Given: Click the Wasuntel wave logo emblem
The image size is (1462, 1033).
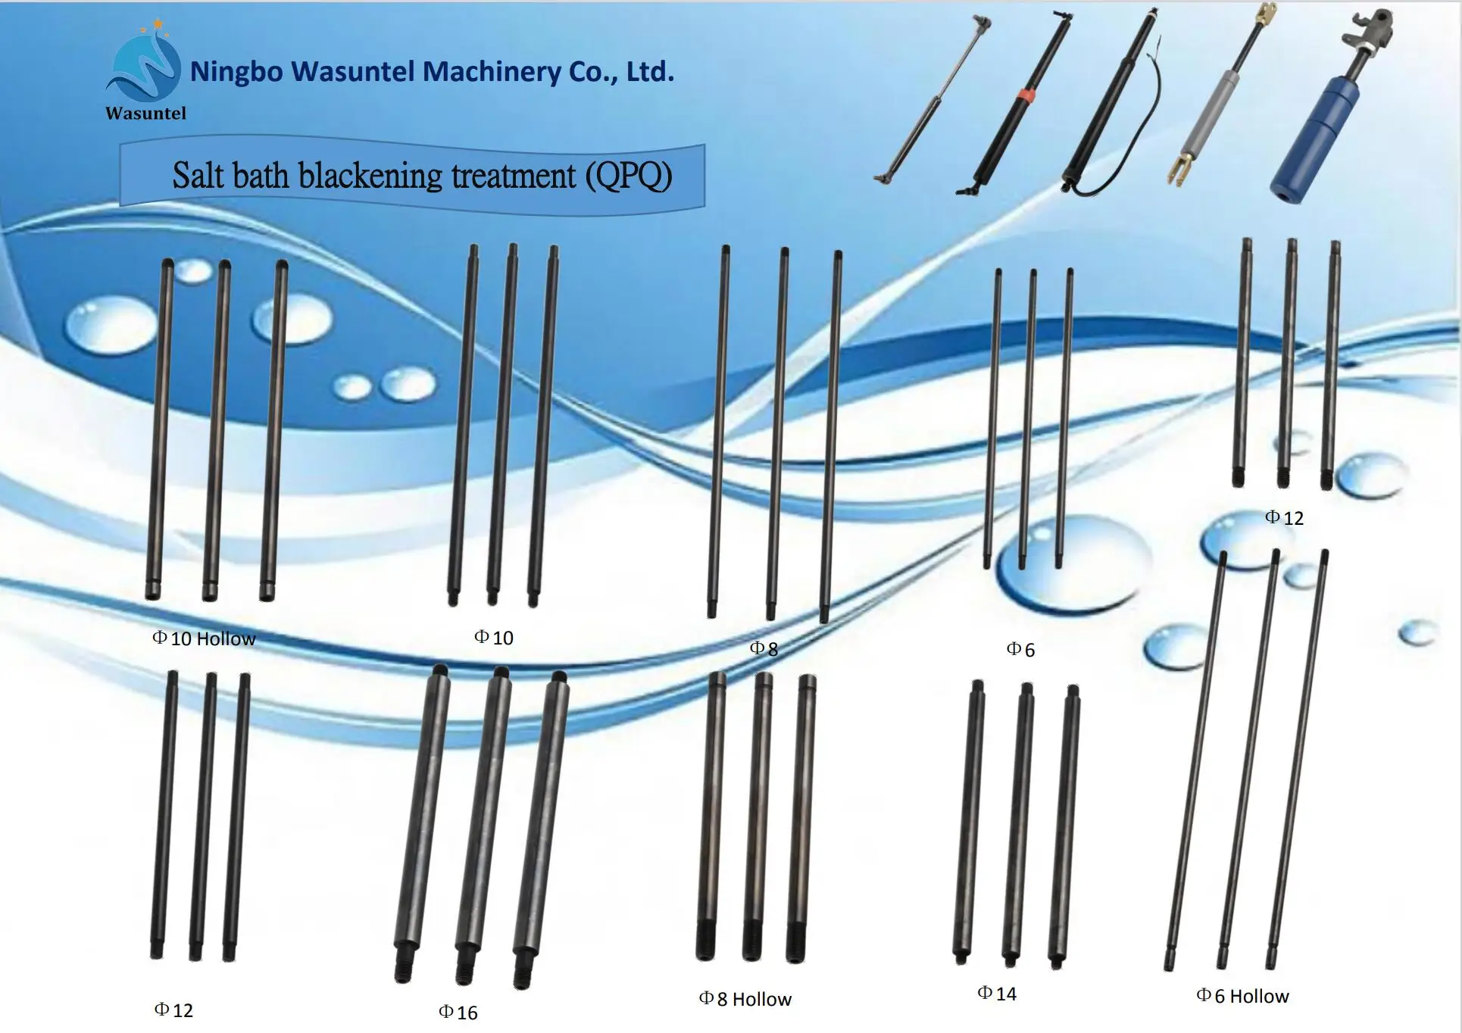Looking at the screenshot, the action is click(x=144, y=68).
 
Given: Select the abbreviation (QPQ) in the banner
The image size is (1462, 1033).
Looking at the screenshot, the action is click(x=628, y=176).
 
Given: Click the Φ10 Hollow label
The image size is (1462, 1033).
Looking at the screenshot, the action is click(x=204, y=638).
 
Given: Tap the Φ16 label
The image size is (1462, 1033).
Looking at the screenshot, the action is click(x=458, y=1013).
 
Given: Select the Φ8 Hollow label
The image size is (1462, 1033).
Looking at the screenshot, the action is click(x=745, y=999).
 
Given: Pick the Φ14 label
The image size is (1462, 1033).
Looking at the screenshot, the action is click(x=997, y=994).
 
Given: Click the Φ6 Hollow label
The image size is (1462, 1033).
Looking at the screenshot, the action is click(x=1242, y=996).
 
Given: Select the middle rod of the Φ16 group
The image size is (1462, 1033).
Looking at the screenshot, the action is click(x=483, y=818).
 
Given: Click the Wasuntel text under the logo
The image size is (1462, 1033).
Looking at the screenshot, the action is click(x=145, y=114).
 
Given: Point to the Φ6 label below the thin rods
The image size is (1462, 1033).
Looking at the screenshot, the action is click(x=1020, y=649).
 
